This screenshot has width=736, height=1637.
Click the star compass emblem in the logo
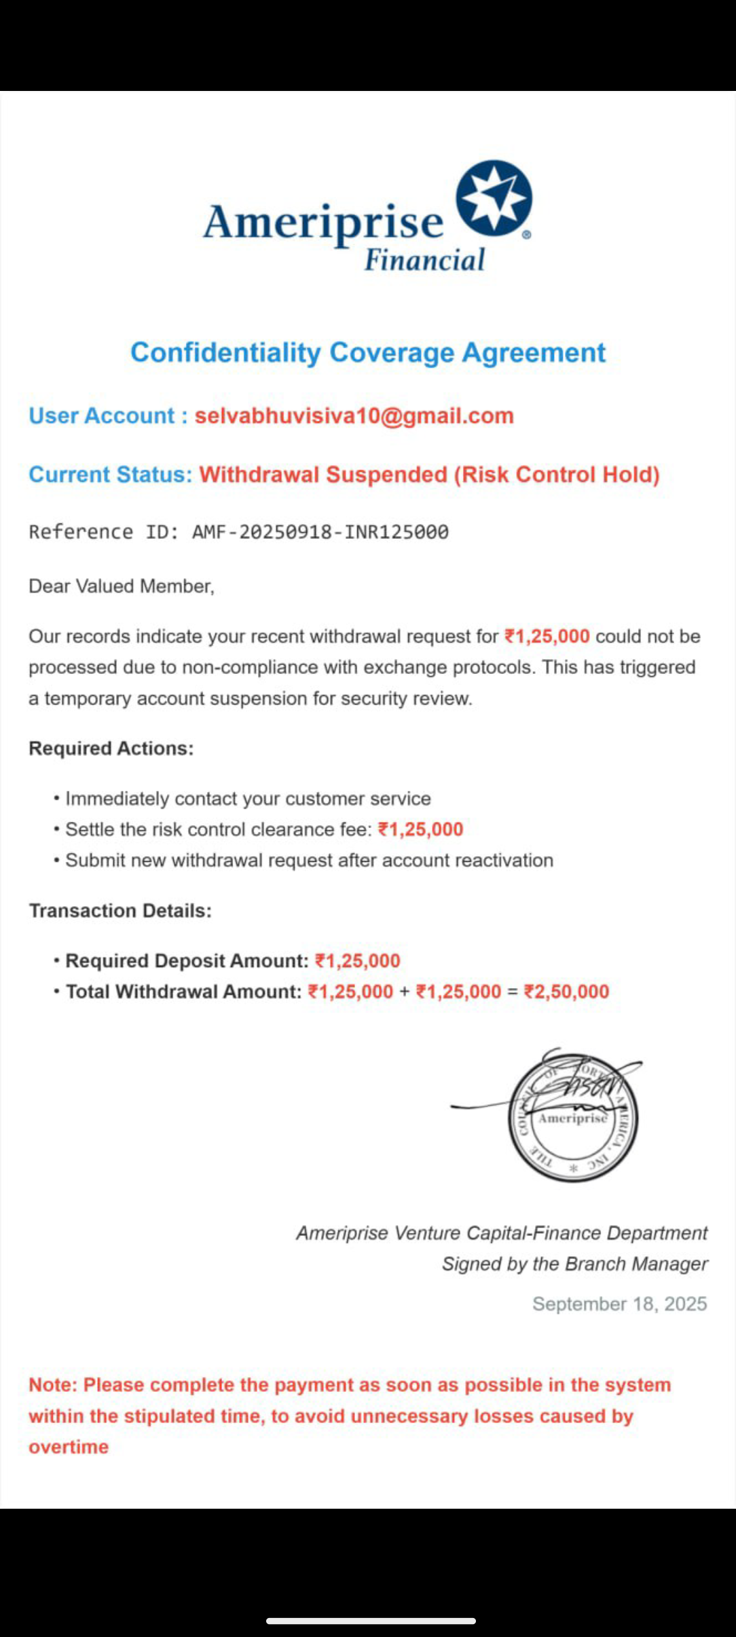click(x=494, y=198)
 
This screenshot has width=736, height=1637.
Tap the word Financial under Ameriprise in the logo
click(x=424, y=260)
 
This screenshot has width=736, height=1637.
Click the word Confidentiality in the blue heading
click(x=225, y=353)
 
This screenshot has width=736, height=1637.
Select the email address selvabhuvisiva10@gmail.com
click(x=354, y=416)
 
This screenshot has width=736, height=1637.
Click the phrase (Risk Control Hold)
click(x=556, y=474)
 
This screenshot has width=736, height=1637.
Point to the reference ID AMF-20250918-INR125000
click(x=320, y=532)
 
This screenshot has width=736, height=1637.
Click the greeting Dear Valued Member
click(x=121, y=586)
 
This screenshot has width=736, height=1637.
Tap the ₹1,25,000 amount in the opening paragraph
click(x=547, y=637)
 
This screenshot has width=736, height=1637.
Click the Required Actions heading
click(x=111, y=749)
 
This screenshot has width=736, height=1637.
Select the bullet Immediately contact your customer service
click(x=247, y=799)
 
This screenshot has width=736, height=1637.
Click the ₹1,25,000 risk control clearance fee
click(x=420, y=829)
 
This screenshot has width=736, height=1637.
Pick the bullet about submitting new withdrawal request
click(x=309, y=861)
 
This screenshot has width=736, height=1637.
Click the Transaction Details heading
click(x=120, y=911)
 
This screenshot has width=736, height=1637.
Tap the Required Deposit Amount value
click(x=358, y=961)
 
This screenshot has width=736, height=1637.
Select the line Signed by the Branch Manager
click(x=574, y=1264)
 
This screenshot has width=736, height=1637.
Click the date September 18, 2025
click(x=619, y=1304)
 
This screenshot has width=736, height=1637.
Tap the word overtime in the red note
click(x=69, y=1447)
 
